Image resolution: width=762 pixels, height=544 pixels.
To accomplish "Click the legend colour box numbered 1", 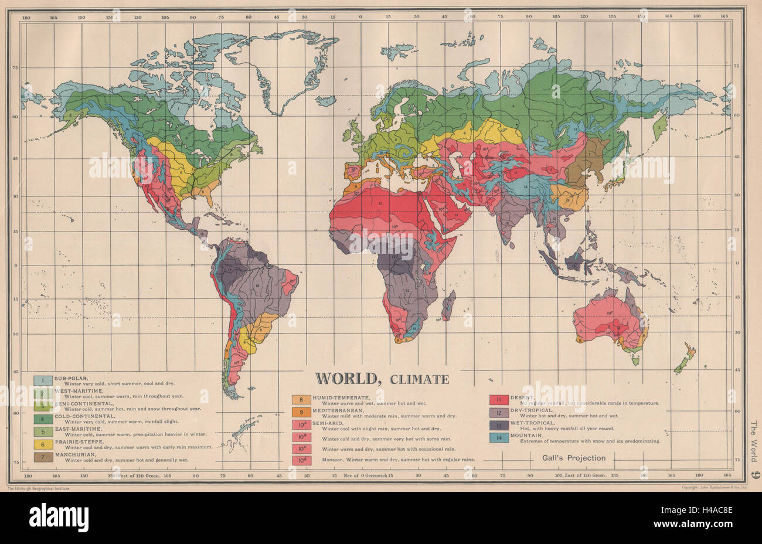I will click(x=42, y=380).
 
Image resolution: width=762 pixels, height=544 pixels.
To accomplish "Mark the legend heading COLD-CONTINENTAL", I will click(x=83, y=416).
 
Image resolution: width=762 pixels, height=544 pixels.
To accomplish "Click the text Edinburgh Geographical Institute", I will click(x=38, y=488).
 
